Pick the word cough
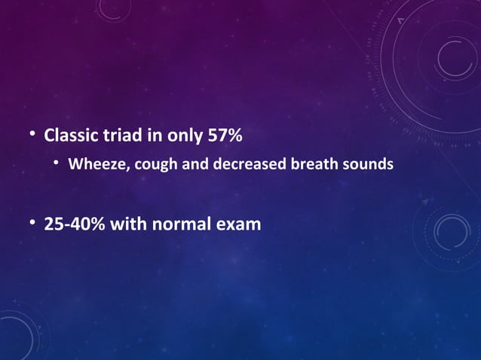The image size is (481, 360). (156, 163)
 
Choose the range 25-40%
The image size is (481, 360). (75, 224)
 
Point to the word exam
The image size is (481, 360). (241, 224)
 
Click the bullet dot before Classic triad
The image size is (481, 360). (32, 136)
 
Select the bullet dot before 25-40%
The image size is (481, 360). (32, 224)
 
